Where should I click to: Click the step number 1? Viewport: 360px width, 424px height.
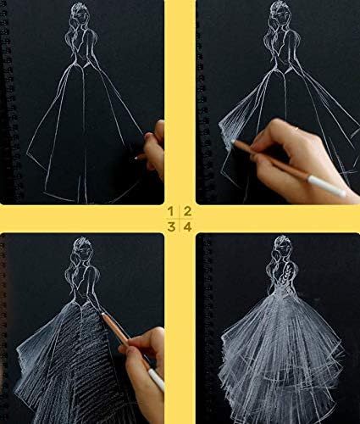click(x=170, y=211)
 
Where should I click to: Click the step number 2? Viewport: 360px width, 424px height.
click(x=187, y=211)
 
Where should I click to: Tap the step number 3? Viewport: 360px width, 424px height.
click(x=171, y=226)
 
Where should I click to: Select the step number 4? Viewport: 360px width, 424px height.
click(x=188, y=226)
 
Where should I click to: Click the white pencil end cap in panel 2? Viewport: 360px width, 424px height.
click(x=327, y=186)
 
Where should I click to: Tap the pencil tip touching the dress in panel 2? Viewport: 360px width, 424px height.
click(x=233, y=141)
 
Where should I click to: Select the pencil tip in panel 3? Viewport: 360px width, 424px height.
click(x=102, y=314)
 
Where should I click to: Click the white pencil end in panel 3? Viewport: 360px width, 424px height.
click(x=157, y=379)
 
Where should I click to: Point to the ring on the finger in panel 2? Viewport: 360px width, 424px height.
click(x=296, y=129)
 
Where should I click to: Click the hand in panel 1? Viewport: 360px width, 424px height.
click(x=154, y=147)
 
